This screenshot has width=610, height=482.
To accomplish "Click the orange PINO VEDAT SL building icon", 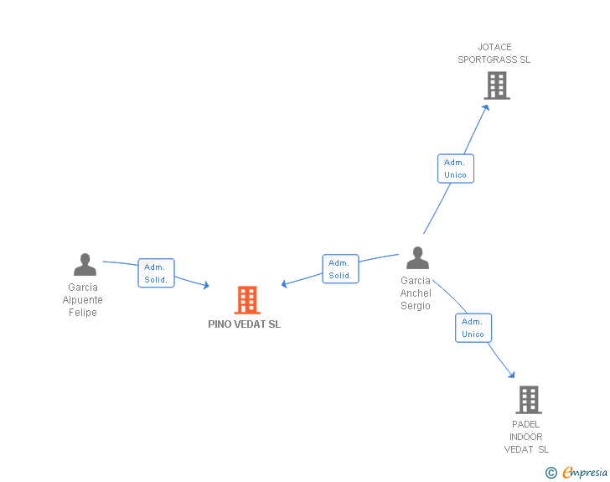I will coord(246,299).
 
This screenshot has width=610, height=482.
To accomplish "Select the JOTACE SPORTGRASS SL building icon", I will coord(496,85).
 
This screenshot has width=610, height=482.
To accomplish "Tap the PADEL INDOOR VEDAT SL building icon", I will coord(528,400).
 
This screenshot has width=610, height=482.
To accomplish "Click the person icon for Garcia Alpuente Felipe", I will coord(85,265).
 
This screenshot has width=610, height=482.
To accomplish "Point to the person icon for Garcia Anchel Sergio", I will coord(417,258).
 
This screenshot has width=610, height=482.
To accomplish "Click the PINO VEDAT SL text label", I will coord(245,324).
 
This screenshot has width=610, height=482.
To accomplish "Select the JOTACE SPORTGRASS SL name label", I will coord(494,54).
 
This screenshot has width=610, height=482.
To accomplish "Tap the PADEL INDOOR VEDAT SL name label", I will coord(525,437).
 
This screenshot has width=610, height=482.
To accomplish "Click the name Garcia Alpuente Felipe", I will coord(83,300).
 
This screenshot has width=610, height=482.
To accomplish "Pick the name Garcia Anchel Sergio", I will coord(416,293).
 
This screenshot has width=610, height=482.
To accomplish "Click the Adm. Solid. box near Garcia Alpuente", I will coord(156,273).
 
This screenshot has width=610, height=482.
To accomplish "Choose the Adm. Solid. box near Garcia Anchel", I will coord(340,269).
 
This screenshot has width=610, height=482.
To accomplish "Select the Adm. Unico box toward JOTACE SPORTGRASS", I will coord(456,168).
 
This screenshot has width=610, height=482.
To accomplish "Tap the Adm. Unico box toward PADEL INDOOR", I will coord(473,328).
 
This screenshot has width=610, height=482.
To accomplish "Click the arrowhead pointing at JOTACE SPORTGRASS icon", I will coord(486,106).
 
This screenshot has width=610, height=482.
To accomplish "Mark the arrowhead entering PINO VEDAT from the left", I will coord(205,287).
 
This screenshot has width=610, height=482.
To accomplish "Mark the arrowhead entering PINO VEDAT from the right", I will coord(285,284).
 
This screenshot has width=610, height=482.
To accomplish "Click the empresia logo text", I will coord(585,472).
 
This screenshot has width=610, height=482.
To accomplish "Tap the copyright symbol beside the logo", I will coord(551,473).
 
